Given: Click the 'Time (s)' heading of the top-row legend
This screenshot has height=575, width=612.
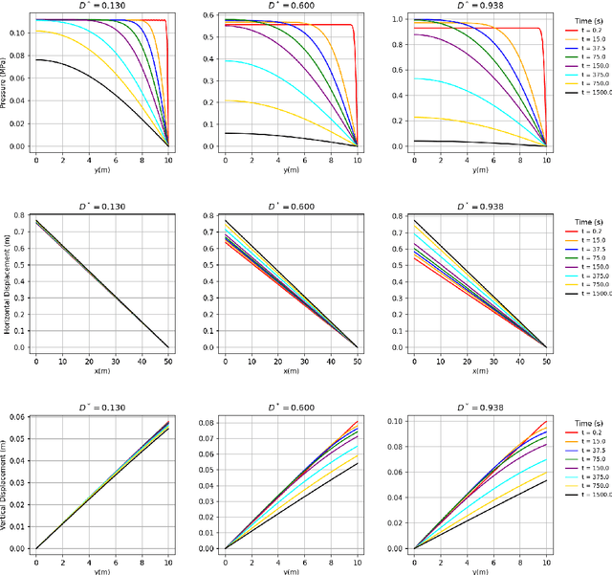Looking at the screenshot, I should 579,18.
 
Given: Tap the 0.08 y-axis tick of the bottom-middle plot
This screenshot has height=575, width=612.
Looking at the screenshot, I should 209,420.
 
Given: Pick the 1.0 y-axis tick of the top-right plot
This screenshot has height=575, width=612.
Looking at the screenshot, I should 403,19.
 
